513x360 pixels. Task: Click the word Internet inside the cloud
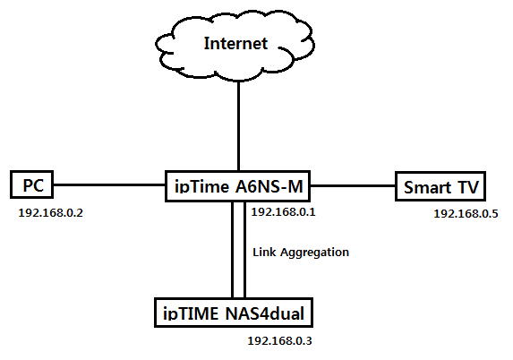(x=235, y=43)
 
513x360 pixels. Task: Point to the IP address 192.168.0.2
(x=51, y=213)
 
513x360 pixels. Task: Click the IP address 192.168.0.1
(x=283, y=212)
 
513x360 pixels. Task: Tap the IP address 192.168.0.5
(x=466, y=214)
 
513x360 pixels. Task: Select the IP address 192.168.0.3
(x=279, y=341)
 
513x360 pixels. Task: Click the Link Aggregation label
(x=301, y=253)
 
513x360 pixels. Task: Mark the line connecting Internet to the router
(x=238, y=125)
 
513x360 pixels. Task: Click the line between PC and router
(x=109, y=184)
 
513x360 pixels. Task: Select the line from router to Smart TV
(x=353, y=186)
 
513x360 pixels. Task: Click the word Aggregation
(x=315, y=253)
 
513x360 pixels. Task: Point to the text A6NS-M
(x=269, y=186)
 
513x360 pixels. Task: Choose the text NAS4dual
(x=265, y=313)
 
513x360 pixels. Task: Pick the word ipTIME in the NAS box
(x=191, y=313)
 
